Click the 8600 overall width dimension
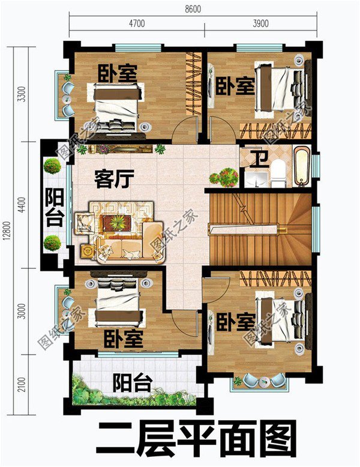pyautogui.click(x=193, y=10)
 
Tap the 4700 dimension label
pyautogui.click(x=137, y=23)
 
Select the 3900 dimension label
pyautogui.click(x=260, y=23)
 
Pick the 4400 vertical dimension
pyautogui.click(x=22, y=205)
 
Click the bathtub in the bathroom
pyautogui.click(x=302, y=166)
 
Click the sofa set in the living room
pyautogui.click(x=120, y=231)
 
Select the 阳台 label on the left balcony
pyautogui.click(x=55, y=207)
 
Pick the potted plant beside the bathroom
pyautogui.click(x=223, y=176)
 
